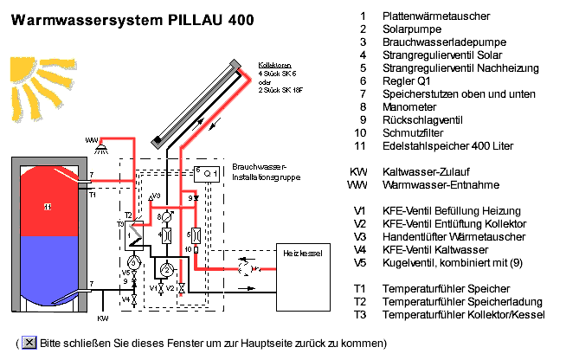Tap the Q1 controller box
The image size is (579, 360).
(x=206, y=173)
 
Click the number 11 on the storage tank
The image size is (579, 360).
(x=48, y=207)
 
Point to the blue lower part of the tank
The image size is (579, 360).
(x=48, y=268)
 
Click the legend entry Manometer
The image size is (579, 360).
(x=409, y=106)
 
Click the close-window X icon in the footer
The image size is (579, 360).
(x=29, y=343)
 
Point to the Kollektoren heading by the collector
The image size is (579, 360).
(x=277, y=65)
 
